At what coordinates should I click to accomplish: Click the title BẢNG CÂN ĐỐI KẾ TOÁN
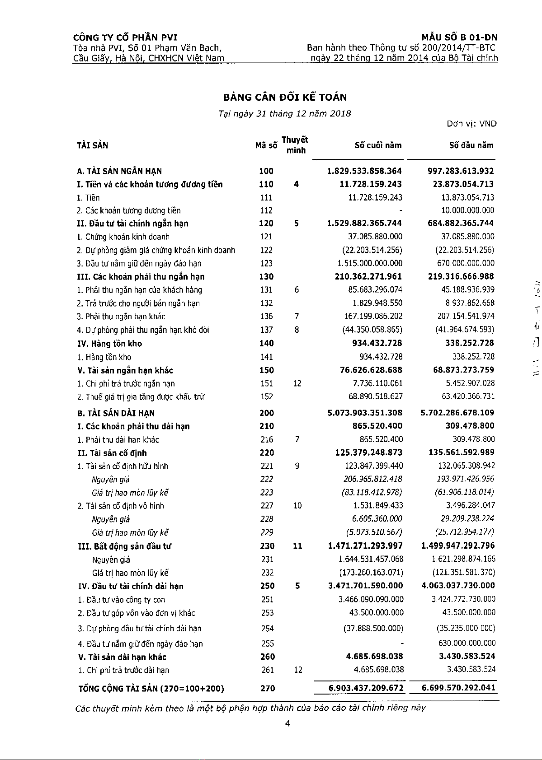pyautogui.click(x=285, y=98)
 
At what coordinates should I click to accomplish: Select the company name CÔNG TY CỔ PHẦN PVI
pyautogui.click(x=125, y=37)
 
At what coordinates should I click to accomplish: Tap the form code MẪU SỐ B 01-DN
pyautogui.click(x=459, y=37)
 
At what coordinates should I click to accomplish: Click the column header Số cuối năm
pyautogui.click(x=378, y=145)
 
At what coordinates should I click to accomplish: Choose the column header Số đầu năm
pyautogui.click(x=471, y=145)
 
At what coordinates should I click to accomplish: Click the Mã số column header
pyautogui.click(x=266, y=145)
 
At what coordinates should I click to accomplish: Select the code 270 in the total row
pyautogui.click(x=267, y=688)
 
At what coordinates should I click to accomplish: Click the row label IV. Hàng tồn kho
pyautogui.click(x=110, y=344)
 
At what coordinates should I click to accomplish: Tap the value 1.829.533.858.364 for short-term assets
pyautogui.click(x=364, y=171)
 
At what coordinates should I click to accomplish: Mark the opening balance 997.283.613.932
pyautogui.click(x=461, y=171)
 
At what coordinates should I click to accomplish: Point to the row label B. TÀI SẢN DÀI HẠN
pyautogui.click(x=116, y=413)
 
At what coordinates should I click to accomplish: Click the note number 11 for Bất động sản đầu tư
pyautogui.click(x=297, y=546)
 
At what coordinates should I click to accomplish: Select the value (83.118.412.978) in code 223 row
pyautogui.click(x=372, y=493)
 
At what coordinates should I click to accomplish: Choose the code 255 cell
pyautogui.click(x=268, y=643)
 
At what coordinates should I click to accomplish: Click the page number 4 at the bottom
pyautogui.click(x=287, y=723)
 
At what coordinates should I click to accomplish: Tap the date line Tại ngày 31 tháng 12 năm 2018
pyautogui.click(x=285, y=114)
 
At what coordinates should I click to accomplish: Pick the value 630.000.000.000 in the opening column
pyautogui.click(x=467, y=643)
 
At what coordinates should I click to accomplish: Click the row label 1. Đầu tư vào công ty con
pyautogui.click(x=121, y=600)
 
